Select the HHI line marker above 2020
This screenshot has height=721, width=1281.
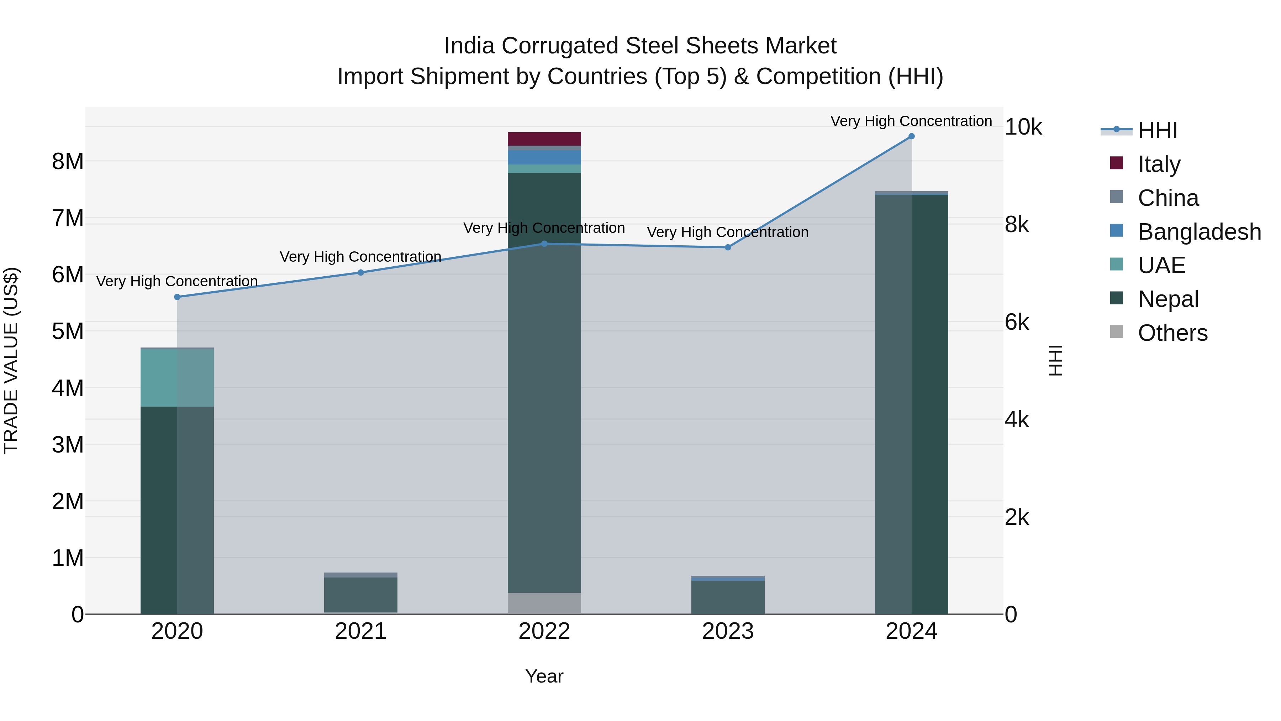(x=177, y=297)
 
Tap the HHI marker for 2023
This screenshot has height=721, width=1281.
(x=728, y=247)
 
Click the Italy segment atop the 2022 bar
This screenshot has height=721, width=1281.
(x=544, y=139)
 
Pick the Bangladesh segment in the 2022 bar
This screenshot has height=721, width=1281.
(x=544, y=157)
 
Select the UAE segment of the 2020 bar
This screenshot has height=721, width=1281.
(x=177, y=378)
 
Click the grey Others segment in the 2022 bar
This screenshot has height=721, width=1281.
(x=544, y=603)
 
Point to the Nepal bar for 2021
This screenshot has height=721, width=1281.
(x=360, y=595)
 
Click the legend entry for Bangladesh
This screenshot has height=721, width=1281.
(x=1199, y=232)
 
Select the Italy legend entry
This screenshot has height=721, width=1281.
(x=1159, y=164)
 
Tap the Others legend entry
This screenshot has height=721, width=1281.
(x=1172, y=333)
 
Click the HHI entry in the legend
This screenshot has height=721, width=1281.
(x=1157, y=130)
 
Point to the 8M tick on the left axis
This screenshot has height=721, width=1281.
(x=68, y=162)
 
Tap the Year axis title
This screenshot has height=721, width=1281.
(x=544, y=676)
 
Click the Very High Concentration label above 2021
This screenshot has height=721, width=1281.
(x=360, y=257)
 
